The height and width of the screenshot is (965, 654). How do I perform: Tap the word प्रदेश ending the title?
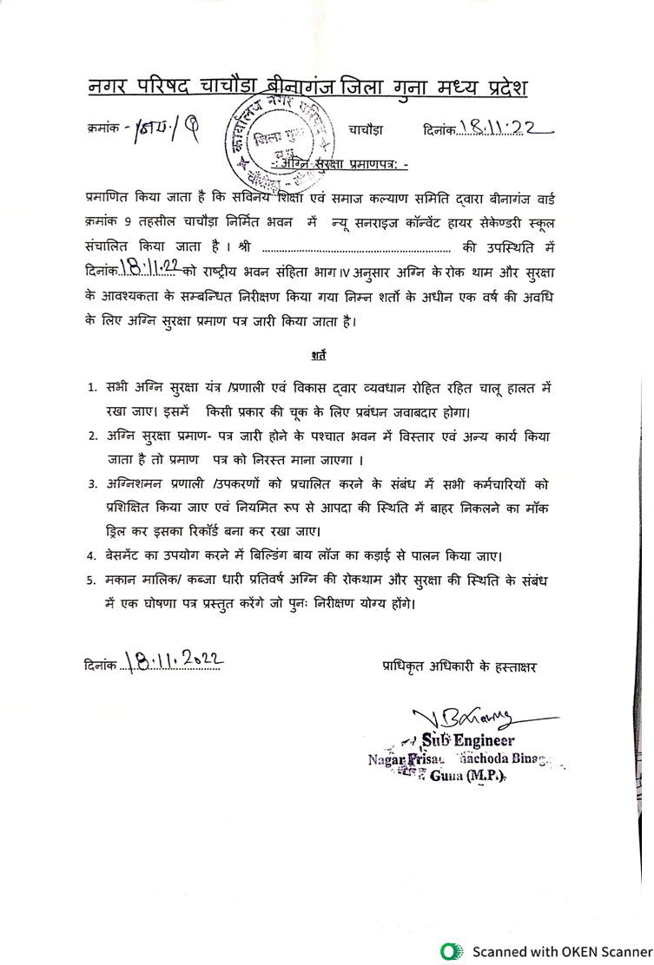click(x=497, y=88)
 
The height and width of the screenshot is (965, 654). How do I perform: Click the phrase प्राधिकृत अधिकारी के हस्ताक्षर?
click(x=460, y=666)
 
